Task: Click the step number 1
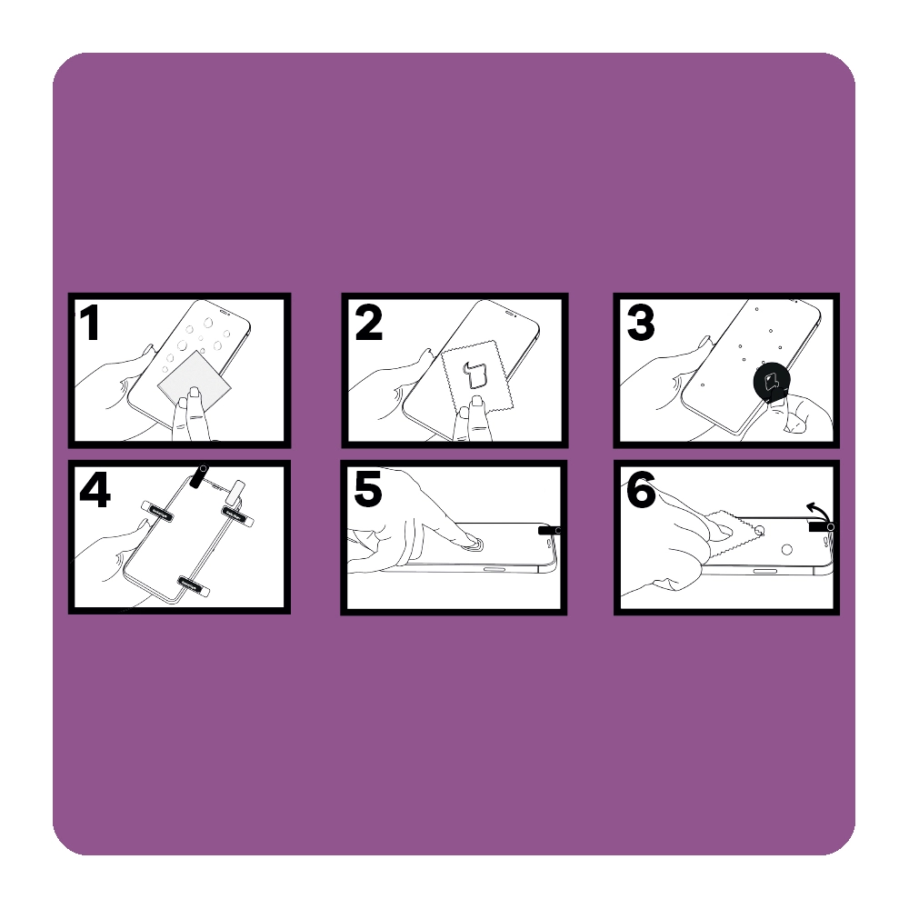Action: click(x=90, y=323)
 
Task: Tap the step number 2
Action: click(x=369, y=323)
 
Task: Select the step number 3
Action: click(x=641, y=323)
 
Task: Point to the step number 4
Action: click(x=95, y=491)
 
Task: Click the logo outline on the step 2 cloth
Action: click(x=474, y=375)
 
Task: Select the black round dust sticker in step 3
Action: click(x=772, y=382)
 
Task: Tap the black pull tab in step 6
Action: click(x=820, y=526)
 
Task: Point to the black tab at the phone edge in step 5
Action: click(x=548, y=530)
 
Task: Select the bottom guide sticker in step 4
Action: click(x=193, y=584)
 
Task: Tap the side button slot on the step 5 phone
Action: click(x=494, y=569)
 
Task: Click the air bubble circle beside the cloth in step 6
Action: click(x=759, y=531)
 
